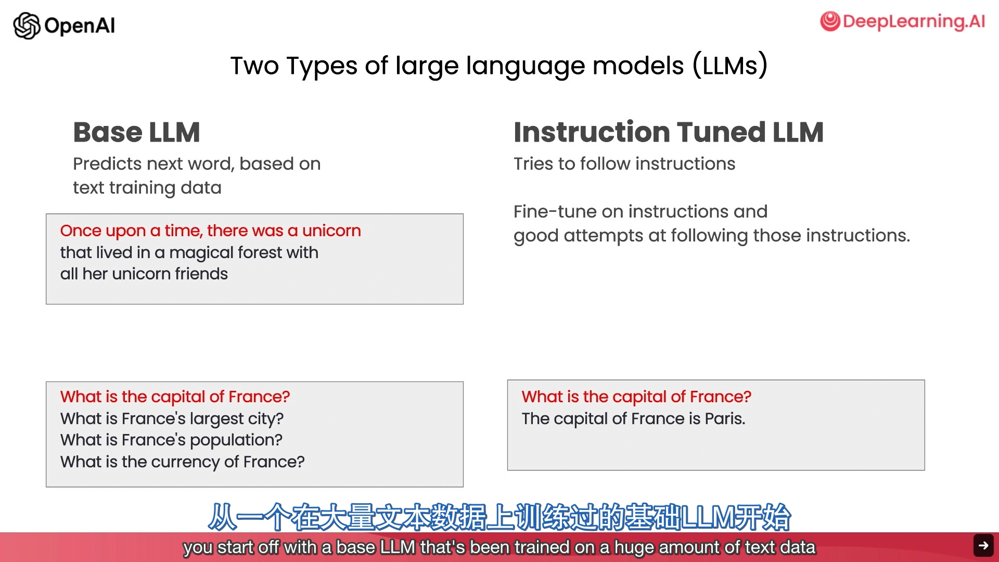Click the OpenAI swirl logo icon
click(x=27, y=25)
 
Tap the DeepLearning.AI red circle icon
click(x=830, y=21)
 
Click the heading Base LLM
click(x=136, y=132)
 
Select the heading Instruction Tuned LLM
click(x=669, y=132)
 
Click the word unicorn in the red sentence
click(x=331, y=231)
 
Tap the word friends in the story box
click(x=201, y=274)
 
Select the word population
click(x=236, y=441)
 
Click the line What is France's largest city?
click(x=172, y=419)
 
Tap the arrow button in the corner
click(x=983, y=545)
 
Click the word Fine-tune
click(x=555, y=211)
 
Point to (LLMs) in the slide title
click(x=730, y=66)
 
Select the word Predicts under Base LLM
click(x=108, y=164)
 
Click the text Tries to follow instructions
click(x=624, y=164)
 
